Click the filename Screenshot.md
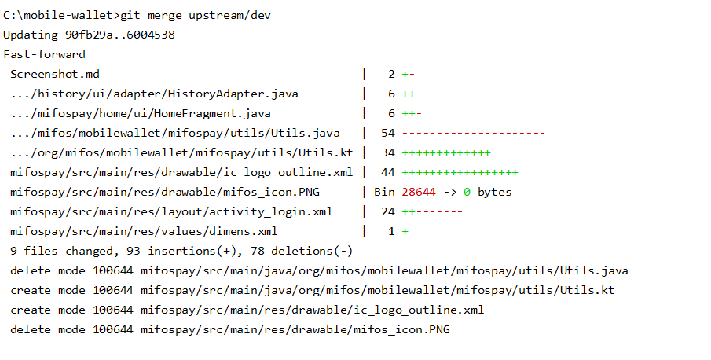coord(55,74)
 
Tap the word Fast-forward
coord(45,54)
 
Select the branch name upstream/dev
coord(229,16)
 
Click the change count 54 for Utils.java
coord(387,133)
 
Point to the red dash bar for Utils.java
coord(474,134)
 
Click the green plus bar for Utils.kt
coord(446,152)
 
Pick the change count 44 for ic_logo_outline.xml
coord(387,172)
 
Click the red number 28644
coord(419,192)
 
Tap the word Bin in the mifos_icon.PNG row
coord(384,192)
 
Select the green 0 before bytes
coord(467,192)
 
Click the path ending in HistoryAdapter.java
coord(154,94)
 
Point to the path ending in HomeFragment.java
coord(141,113)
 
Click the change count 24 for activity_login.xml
coord(387,211)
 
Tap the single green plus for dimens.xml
coord(405,231)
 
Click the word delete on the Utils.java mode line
coord(31,270)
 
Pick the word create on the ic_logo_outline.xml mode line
coord(31,310)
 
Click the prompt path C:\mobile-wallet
coord(58,16)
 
